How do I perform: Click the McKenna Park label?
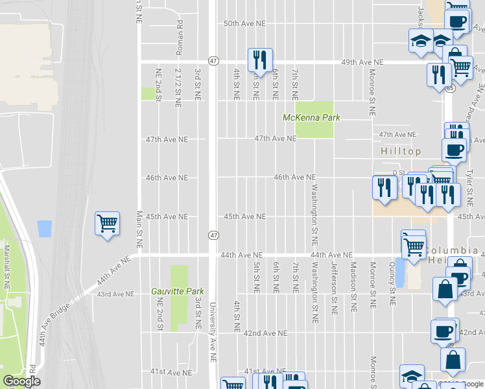click(311, 117)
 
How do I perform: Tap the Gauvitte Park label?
click(176, 291)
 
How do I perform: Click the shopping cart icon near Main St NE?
click(107, 224)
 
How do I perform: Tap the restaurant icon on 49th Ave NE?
click(260, 60)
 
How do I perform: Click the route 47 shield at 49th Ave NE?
click(213, 60)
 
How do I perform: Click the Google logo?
click(21, 381)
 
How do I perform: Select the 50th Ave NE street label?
click(244, 23)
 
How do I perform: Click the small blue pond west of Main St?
click(45, 228)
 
